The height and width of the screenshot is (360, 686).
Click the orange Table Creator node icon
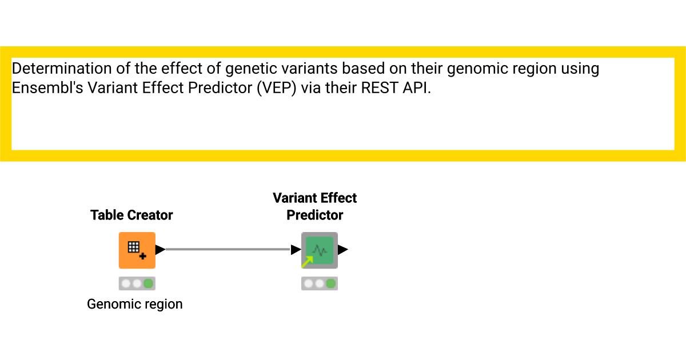(137, 250)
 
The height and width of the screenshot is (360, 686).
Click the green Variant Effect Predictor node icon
(320, 250)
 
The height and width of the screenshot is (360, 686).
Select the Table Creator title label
(131, 215)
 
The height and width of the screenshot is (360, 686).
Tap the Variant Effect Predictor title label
(314, 206)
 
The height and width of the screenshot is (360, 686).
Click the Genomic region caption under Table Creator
(135, 304)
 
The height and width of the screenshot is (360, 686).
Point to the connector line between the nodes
(229, 249)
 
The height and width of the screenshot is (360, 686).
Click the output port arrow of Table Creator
(160, 250)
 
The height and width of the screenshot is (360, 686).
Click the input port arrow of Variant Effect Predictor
(296, 250)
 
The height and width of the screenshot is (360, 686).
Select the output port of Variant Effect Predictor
(342, 250)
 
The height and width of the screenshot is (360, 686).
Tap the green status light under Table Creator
(149, 283)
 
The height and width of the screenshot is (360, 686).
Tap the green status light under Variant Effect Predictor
(331, 283)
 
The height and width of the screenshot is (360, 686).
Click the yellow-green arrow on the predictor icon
(308, 262)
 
